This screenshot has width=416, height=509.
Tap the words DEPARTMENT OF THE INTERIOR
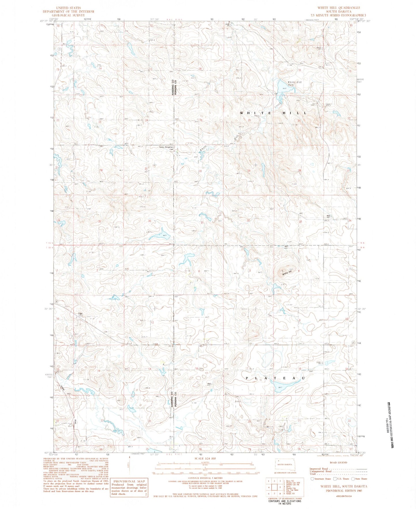pyautogui.click(x=68, y=12)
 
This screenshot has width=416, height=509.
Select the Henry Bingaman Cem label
pyautogui.click(x=166, y=147)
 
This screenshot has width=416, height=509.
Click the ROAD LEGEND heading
pyautogui.click(x=339, y=462)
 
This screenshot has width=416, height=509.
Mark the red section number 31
pyautogui.click(x=202, y=223)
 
